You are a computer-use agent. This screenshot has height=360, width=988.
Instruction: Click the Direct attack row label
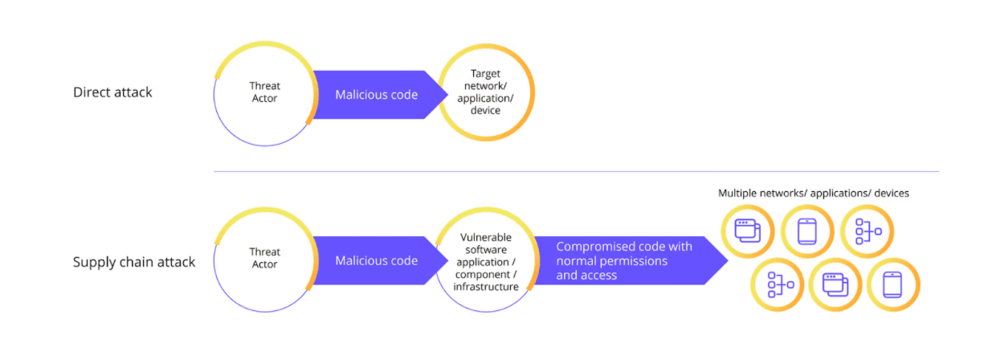tap(112, 92)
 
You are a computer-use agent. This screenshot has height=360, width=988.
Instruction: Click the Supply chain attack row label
tap(134, 262)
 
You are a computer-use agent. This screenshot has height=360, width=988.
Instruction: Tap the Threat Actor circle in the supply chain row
tap(263, 259)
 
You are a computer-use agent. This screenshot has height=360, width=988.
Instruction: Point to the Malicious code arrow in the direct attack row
tap(377, 95)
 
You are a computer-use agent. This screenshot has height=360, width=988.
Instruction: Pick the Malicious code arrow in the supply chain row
tap(377, 260)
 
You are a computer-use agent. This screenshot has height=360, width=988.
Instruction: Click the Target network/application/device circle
tap(486, 95)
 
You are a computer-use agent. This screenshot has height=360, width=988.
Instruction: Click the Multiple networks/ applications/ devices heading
tap(813, 194)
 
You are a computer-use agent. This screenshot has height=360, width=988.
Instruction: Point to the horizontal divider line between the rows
tap(575, 171)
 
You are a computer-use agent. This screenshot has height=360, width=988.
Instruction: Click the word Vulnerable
tap(485, 238)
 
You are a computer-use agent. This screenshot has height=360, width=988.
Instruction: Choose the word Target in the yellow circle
tap(486, 73)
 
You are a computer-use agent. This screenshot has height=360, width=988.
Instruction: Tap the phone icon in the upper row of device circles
tap(807, 231)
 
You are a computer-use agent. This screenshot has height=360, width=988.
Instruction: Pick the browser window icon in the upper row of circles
tap(748, 231)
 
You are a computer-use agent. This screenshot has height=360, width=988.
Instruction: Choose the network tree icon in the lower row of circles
tap(779, 284)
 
